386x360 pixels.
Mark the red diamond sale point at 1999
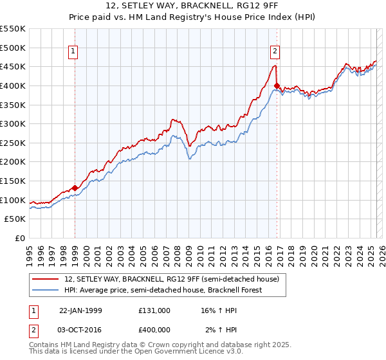click(x=75, y=188)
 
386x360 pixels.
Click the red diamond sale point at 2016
click(x=277, y=85)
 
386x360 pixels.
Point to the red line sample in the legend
click(x=45, y=280)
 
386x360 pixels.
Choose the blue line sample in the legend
click(x=45, y=291)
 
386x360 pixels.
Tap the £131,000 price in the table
click(x=154, y=310)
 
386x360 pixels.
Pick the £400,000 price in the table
click(x=154, y=329)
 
